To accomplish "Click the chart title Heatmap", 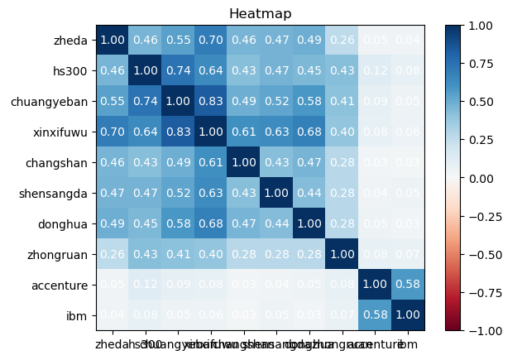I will click(261, 13).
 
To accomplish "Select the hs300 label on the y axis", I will click(72, 70).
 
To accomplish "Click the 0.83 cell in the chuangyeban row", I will click(209, 101).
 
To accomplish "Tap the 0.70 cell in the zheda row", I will click(209, 40).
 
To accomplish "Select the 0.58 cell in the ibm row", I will click(373, 315).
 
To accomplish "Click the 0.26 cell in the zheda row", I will click(340, 40).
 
